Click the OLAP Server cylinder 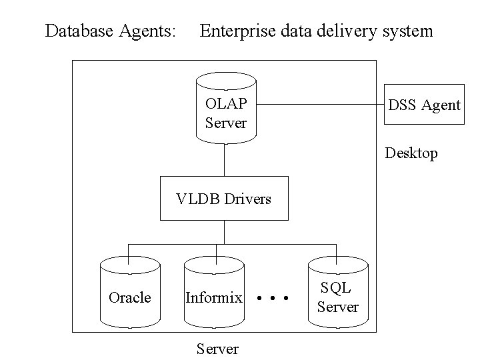click(x=226, y=110)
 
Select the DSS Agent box click(x=425, y=105)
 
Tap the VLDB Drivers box click(x=224, y=198)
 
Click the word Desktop click(x=411, y=153)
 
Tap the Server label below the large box click(x=217, y=349)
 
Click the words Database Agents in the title click(x=111, y=31)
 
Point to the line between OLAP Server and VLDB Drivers click(x=224, y=160)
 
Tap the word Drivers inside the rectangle click(x=249, y=198)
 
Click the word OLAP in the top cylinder click(x=226, y=103)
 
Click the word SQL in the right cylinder click(x=337, y=287)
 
